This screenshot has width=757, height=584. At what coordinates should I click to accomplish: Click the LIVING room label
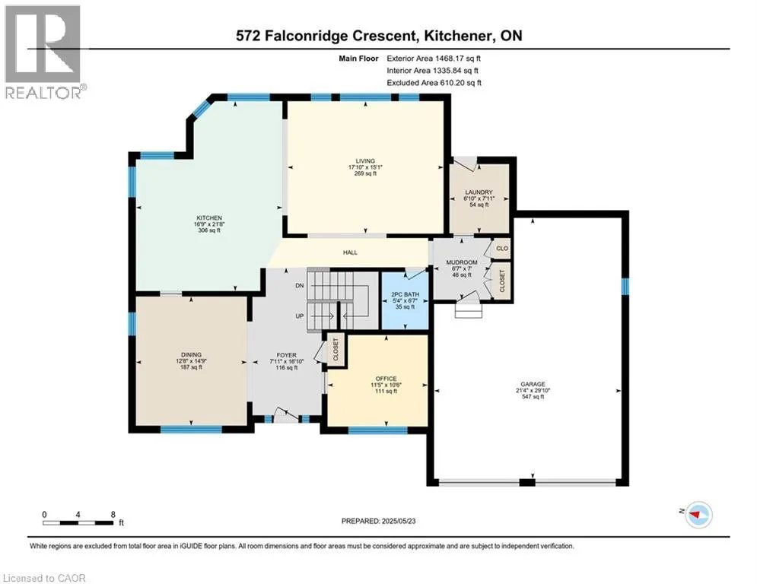point(365,161)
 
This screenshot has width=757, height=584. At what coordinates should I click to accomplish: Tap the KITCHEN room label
point(209,218)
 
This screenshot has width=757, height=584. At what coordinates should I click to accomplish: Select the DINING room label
point(191,355)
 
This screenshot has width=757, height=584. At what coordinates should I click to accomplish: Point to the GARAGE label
point(533,384)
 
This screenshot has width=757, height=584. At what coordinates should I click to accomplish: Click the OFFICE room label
point(386,379)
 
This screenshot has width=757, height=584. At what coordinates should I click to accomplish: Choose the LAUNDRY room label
point(479,192)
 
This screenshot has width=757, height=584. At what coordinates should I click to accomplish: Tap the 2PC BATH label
point(405,294)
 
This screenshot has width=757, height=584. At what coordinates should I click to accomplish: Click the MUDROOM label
point(462,262)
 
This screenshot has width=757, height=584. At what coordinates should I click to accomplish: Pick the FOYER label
point(286,355)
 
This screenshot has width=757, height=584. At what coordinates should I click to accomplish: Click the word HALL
point(350,252)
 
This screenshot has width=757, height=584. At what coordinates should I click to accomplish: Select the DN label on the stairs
point(299,286)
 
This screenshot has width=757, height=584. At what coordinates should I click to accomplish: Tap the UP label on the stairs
point(299,316)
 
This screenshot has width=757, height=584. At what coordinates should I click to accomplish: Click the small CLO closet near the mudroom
point(502,248)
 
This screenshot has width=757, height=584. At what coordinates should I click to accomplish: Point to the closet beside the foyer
point(336,350)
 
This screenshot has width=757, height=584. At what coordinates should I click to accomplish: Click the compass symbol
point(698,515)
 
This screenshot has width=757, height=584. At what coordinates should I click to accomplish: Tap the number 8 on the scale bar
point(113,515)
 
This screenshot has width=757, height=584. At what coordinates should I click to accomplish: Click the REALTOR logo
point(43,52)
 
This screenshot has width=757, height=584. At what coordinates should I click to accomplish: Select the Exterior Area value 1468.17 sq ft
point(458,59)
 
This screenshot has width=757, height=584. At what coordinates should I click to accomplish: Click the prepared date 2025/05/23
point(399,521)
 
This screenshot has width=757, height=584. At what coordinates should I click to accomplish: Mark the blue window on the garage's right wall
point(625,286)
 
